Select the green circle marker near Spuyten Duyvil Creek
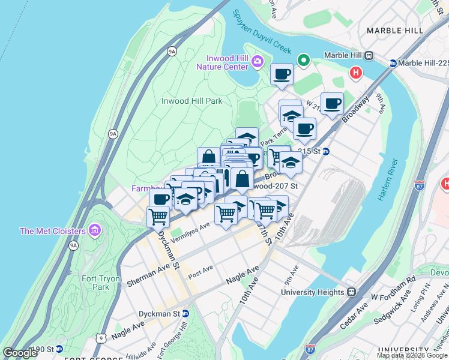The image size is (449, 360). click(x=304, y=60)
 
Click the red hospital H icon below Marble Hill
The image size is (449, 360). click(x=356, y=73)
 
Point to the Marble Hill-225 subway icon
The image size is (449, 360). click(x=393, y=63)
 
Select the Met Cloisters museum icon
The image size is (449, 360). click(x=93, y=230)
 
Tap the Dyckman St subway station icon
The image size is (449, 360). click(x=185, y=313)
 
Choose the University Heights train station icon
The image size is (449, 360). click(x=351, y=292)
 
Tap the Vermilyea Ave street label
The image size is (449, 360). click(x=190, y=232)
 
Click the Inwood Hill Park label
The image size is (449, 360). click(x=192, y=101)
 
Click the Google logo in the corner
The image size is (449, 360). click(x=20, y=353)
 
